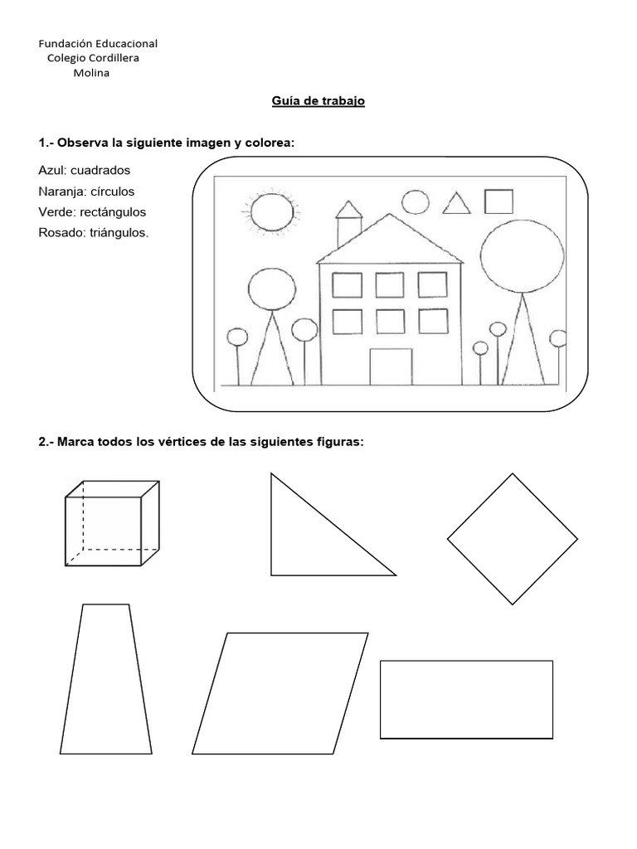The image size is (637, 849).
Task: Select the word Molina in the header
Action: [x=92, y=72]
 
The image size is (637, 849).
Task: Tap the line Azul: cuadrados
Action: [x=84, y=170]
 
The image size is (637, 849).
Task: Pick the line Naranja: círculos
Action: [x=86, y=191]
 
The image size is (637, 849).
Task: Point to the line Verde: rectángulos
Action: [x=92, y=211]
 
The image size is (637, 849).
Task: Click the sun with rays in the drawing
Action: [x=271, y=211]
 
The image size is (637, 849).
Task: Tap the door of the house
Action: [x=390, y=367]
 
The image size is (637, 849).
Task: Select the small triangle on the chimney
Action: [x=349, y=208]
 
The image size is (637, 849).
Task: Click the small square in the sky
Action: [x=498, y=201]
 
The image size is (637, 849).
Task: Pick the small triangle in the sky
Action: [x=454, y=204]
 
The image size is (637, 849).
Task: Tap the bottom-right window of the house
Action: [x=432, y=320]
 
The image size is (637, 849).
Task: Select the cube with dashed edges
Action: [x=112, y=523]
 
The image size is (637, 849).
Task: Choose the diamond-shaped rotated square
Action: [x=513, y=538]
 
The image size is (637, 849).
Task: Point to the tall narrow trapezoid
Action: [x=105, y=680]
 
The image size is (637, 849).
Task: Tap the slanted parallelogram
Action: [x=280, y=693]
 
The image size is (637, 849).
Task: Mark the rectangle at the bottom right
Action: [x=466, y=699]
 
